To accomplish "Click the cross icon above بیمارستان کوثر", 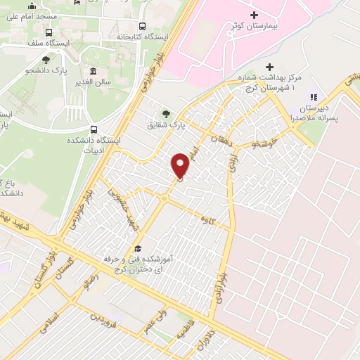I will click(x=254, y=14).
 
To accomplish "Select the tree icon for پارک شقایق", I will click(x=166, y=112).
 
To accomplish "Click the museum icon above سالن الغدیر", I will click(x=94, y=71).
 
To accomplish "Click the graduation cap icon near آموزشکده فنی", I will click(x=138, y=248).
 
